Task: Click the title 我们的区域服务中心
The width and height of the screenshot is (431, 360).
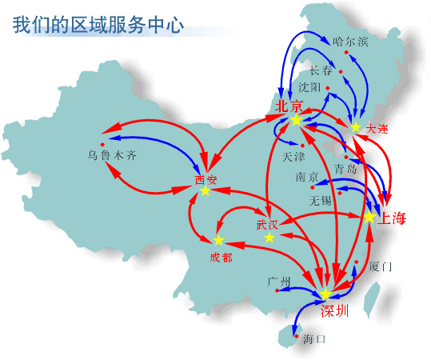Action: [98, 25]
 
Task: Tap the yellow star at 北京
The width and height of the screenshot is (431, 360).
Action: [296, 120]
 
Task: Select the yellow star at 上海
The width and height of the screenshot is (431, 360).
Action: [369, 217]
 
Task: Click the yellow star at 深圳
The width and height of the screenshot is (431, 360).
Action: [325, 294]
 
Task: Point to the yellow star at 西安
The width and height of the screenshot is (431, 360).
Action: [206, 190]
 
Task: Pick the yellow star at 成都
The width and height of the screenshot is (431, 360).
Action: [219, 240]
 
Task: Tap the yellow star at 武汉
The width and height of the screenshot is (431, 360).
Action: [269, 238]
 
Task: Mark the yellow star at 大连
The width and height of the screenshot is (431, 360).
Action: [355, 127]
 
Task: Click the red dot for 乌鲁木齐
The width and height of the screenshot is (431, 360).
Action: [102, 144]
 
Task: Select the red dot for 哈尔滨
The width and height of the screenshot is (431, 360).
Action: [346, 52]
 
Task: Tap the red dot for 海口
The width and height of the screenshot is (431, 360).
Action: [297, 336]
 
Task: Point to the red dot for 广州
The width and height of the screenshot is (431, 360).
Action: [277, 290]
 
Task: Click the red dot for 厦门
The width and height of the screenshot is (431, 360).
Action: [357, 262]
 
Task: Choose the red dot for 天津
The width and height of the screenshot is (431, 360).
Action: [302, 146]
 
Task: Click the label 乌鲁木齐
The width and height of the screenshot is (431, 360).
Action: [112, 155]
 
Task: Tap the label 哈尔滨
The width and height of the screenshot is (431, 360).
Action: [350, 42]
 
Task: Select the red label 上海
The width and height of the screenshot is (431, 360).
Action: [392, 218]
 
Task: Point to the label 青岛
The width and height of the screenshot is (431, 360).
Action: [345, 168]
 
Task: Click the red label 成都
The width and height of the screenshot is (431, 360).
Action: [221, 258]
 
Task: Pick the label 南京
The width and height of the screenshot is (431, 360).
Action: [307, 177]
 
